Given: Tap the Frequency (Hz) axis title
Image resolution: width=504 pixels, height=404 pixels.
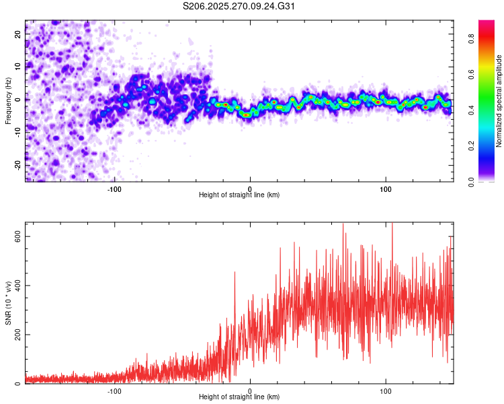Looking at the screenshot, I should coord(8,100).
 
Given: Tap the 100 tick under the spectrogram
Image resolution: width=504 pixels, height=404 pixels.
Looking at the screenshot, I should coord(386,188).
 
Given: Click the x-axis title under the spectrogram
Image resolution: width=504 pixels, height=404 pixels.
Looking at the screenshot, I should coord(239,195).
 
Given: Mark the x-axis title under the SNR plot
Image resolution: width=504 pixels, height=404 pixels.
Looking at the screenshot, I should coord(239,397).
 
